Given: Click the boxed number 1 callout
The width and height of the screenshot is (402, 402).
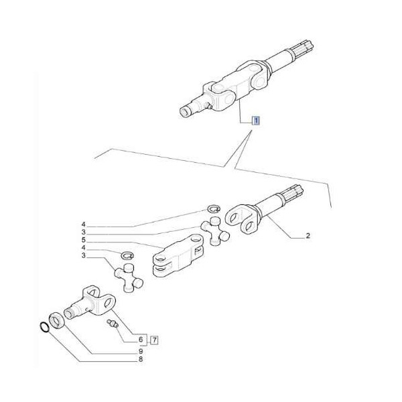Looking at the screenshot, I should tap(255, 121).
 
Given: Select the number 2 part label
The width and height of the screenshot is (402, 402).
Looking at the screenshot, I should tap(308, 237).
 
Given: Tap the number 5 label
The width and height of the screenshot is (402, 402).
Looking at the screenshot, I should tap(84, 240).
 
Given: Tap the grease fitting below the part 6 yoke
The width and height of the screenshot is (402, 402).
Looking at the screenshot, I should tap(112, 324).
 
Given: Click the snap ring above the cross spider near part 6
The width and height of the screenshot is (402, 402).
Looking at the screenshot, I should tap(127, 255).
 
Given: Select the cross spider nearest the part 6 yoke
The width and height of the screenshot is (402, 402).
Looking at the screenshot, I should tap(128, 276).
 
